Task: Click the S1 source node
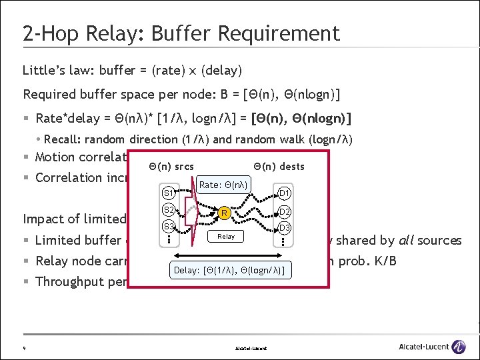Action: (169, 193)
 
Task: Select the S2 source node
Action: (169, 211)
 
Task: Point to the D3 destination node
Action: (285, 228)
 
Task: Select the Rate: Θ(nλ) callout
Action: (223, 185)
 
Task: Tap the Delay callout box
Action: (229, 270)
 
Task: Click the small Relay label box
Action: (226, 236)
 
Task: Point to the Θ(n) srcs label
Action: (171, 166)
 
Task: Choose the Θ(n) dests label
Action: (279, 166)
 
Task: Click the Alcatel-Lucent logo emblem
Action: (459, 346)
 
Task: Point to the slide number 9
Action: (24, 347)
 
